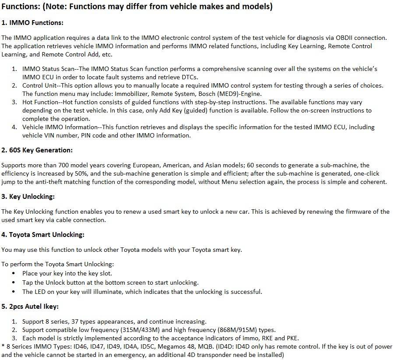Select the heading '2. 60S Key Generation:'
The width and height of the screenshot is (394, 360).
pyautogui.click(x=37, y=150)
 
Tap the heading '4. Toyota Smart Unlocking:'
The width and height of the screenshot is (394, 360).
pyautogui.click(x=43, y=235)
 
